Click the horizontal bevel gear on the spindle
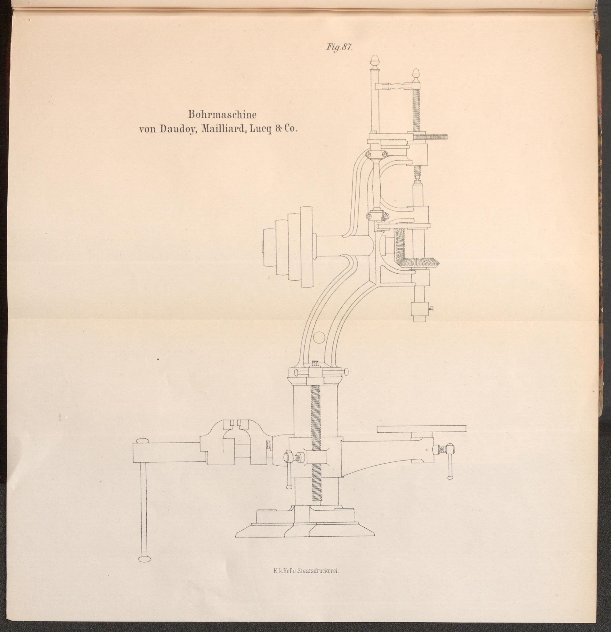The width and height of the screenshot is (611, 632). coord(417,261)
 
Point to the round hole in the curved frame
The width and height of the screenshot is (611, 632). coord(319,337)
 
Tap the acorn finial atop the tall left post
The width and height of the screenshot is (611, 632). coord(375,60)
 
